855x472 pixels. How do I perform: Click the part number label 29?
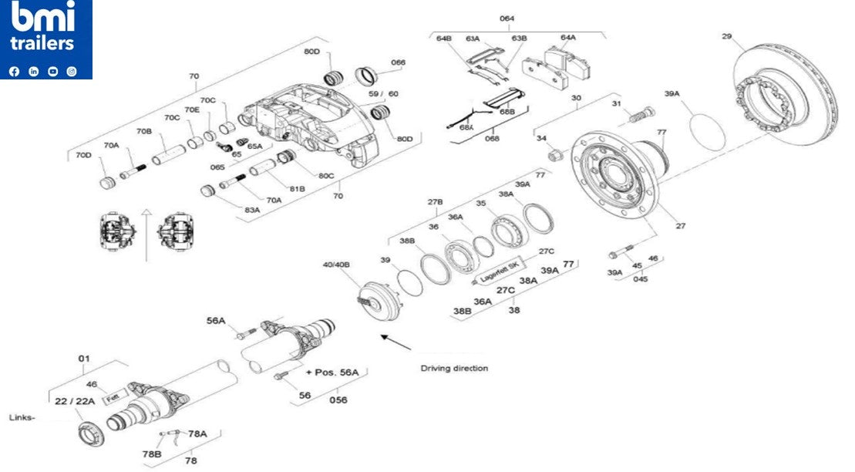click(726, 36)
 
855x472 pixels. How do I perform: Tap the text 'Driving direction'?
click(454, 368)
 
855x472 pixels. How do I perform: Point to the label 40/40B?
click(336, 265)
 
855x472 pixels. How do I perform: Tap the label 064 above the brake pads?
click(507, 18)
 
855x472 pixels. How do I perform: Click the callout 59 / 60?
click(383, 93)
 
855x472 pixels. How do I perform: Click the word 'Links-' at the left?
click(22, 417)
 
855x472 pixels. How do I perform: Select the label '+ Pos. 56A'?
click(332, 372)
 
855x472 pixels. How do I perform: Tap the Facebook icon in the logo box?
click(14, 71)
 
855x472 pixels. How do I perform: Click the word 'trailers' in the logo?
click(42, 44)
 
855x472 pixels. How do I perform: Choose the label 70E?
click(191, 110)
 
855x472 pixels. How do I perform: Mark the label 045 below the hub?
click(640, 279)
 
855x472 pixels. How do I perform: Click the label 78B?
click(151, 453)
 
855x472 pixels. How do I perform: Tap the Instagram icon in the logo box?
click(72, 71)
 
